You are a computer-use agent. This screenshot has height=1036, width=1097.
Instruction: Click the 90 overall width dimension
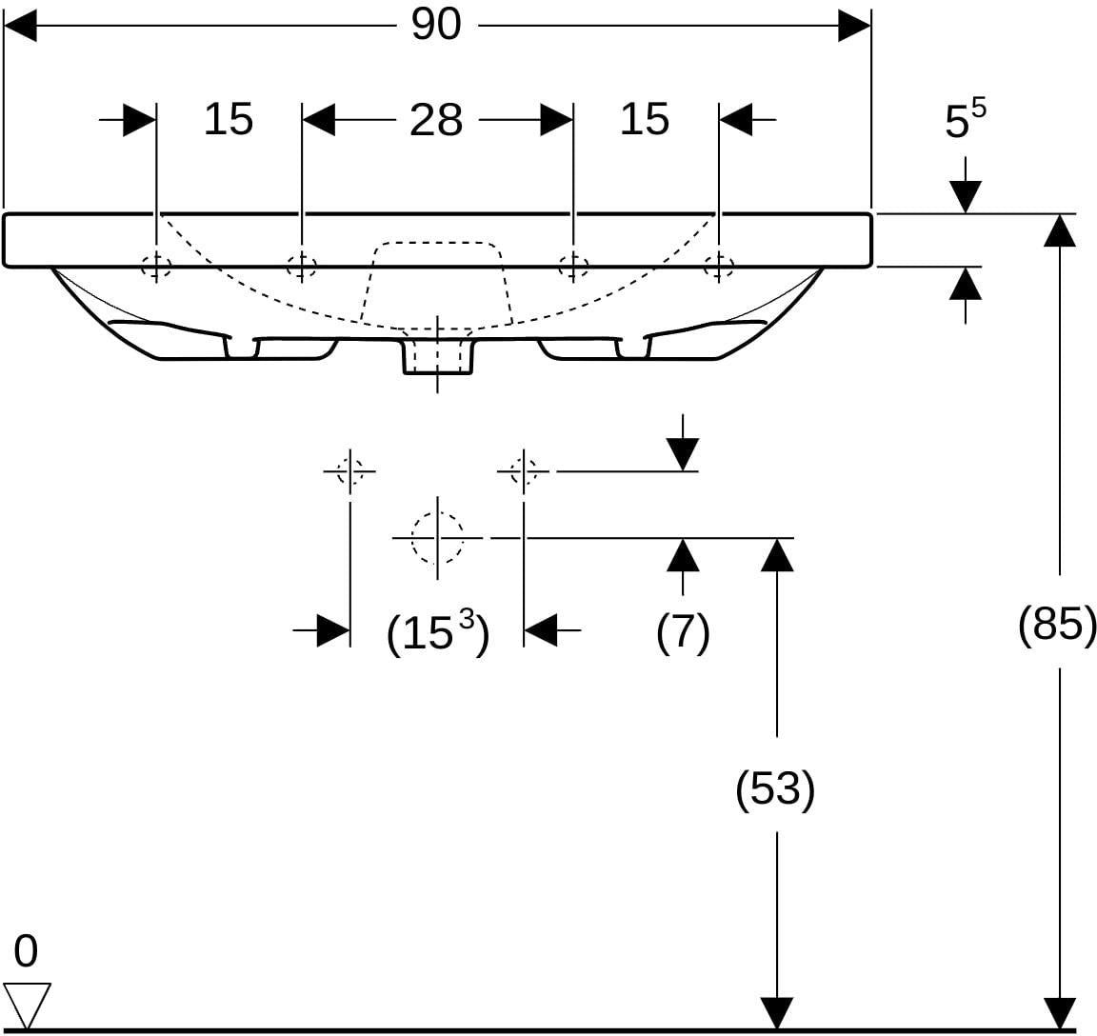pos(436,25)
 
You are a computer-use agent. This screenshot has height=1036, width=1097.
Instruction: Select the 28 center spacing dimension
pos(436,120)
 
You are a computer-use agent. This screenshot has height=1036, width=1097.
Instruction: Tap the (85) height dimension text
pos(1056,623)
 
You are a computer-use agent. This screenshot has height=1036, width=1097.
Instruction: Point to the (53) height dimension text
pos(775,788)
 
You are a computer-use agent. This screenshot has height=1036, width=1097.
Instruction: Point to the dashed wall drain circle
pos(437,538)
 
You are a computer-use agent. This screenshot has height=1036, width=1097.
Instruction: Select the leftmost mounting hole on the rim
pos(156,266)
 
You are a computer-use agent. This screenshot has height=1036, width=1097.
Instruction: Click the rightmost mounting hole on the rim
pos(719,266)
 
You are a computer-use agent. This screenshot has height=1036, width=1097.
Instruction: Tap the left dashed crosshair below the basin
pos(349,471)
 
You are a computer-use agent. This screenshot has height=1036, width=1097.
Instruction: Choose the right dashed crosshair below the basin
pos(524,471)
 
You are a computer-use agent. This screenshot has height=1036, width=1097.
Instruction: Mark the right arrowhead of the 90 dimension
pos(854,26)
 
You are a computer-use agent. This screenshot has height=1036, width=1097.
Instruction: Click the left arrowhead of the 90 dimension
pos(20,26)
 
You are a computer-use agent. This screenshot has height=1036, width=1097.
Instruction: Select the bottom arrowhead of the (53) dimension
pos(777,1013)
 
